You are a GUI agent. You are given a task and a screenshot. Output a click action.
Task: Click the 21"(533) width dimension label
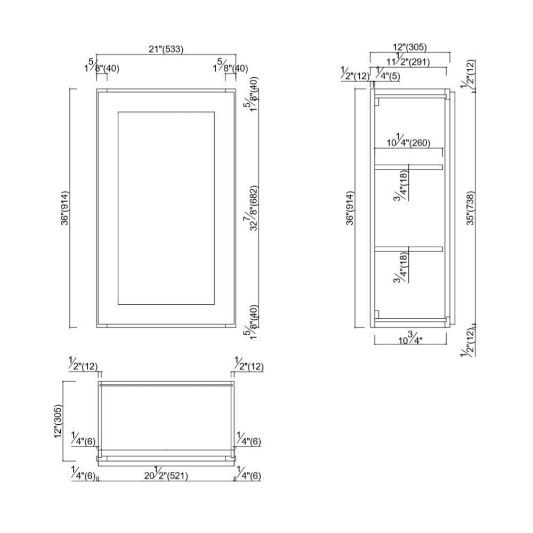click(166, 49)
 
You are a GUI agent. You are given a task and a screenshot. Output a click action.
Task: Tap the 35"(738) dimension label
click(470, 208)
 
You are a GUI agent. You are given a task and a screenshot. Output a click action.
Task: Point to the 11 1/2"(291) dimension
click(408, 60)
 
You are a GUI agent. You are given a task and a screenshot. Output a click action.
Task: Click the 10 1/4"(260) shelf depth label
click(408, 141)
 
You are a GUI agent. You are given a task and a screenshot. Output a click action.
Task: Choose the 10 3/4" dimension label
click(410, 338)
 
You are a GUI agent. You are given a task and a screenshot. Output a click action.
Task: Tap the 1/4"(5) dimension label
click(387, 74)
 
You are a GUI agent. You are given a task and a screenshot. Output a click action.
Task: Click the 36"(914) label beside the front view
click(64, 208)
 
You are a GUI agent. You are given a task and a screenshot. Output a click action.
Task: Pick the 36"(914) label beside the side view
click(350, 208)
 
